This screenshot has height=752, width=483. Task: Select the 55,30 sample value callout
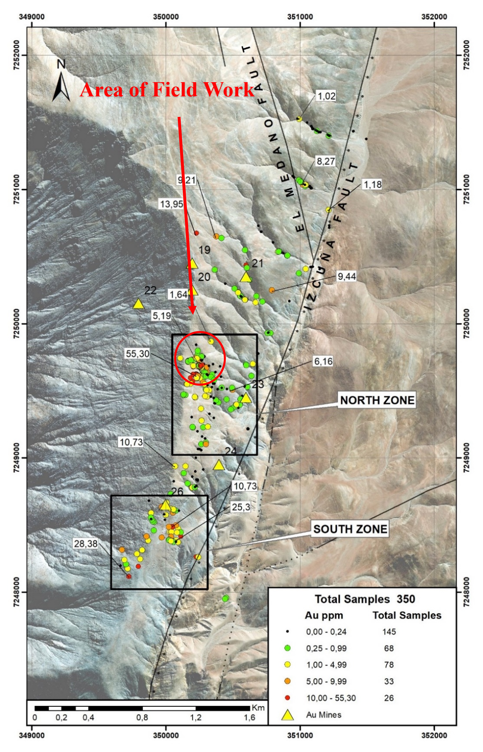[137, 354]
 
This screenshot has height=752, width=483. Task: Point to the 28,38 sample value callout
[86, 552]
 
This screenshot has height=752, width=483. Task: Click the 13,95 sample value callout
[172, 204]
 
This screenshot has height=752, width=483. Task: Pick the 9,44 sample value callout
[346, 276]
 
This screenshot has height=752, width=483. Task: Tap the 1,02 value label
[327, 96]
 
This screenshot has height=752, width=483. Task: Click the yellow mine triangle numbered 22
[138, 304]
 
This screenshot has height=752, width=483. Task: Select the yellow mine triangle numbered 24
[219, 465]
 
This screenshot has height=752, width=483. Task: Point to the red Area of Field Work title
[167, 90]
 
